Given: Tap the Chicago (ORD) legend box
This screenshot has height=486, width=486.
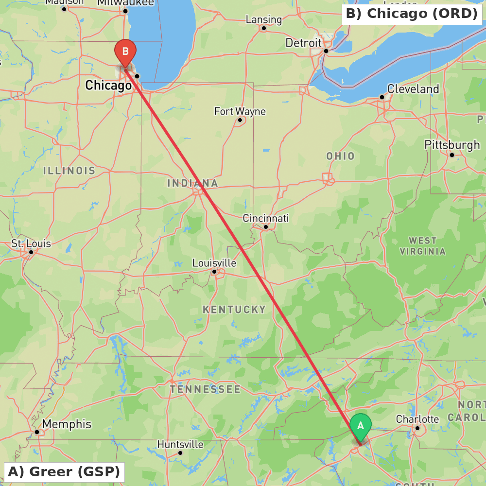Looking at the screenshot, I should pos(412,14).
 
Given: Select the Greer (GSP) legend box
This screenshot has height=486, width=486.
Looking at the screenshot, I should pos(64,472).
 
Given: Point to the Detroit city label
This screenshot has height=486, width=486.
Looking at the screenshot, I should pos(303,43).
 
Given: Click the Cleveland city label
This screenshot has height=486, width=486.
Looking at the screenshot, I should pos(413,89).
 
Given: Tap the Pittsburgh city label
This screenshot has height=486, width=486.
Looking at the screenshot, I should pos(451,145).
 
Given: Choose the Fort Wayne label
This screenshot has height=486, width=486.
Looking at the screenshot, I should pos(240,111).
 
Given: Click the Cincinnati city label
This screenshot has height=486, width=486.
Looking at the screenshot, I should pos(265,218).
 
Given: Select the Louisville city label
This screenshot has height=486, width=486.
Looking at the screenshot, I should pos(214,263).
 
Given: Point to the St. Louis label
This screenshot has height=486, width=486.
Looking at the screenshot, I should pos(31,243).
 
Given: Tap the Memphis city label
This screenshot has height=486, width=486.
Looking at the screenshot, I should pos(67,424).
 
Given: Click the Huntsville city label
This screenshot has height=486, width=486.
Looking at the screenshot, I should pos(180,444).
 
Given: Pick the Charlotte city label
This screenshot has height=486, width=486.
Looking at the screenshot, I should pos(417,419).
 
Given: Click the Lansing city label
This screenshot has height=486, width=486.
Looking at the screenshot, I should pos(264,19).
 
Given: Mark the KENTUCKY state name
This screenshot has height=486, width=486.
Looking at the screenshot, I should pos(234,310).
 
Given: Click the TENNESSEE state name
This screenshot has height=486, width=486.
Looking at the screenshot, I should pos(205,389).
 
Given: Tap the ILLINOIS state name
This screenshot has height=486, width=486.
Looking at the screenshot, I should pos(69,171).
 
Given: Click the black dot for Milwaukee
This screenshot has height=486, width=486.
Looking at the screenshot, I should pos(125,11).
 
